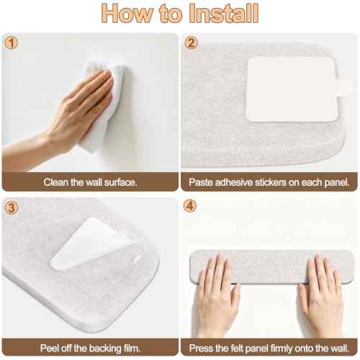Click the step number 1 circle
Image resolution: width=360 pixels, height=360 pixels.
click(x=12, y=43)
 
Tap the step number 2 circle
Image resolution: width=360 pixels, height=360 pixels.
click(x=191, y=43)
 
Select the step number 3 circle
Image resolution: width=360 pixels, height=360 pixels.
click(x=12, y=207)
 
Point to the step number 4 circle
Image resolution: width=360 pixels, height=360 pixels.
click(x=190, y=206)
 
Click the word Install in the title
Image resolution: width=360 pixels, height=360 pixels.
click(x=224, y=13)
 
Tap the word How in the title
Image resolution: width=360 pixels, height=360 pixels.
click(x=127, y=13)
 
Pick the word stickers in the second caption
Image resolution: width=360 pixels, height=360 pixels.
click(x=271, y=182)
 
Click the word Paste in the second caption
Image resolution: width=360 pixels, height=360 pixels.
click(x=201, y=182)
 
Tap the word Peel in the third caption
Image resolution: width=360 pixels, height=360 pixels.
click(x=49, y=348)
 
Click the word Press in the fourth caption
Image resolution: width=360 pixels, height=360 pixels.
click(x=202, y=348)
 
